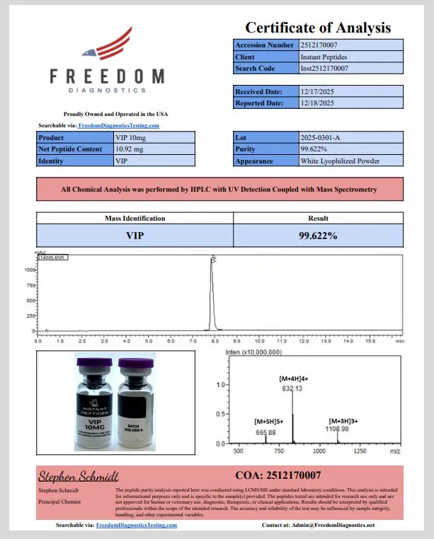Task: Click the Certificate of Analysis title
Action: tap(317, 28)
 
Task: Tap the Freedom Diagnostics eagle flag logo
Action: tap(107, 46)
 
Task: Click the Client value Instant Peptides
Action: tap(324, 57)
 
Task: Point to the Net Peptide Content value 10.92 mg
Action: tap(129, 149)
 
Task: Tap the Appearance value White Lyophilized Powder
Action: tap(340, 161)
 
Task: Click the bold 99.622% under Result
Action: tap(318, 235)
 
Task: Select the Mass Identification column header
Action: tap(135, 219)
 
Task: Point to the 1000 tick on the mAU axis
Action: tap(30, 269)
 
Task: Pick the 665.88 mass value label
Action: tap(265, 432)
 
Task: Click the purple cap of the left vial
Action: tap(94, 365)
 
